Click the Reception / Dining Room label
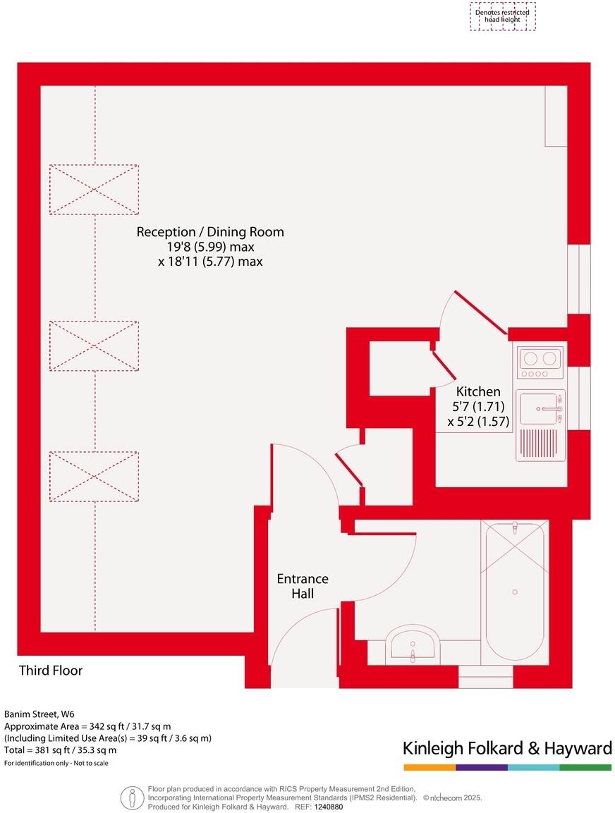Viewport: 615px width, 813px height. (210, 232)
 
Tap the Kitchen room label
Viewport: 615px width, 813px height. (478, 392)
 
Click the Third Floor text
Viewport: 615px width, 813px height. (51, 671)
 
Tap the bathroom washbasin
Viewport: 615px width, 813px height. (413, 645)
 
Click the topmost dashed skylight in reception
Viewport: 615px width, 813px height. (94, 190)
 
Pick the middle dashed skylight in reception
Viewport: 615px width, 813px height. (94, 346)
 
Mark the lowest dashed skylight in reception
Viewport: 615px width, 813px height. (94, 477)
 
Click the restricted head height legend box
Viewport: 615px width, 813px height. (502, 16)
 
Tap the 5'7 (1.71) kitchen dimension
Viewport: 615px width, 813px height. (478, 407)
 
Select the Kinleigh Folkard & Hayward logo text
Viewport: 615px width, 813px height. (506, 748)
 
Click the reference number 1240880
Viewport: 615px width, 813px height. (328, 807)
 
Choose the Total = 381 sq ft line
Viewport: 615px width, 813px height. (61, 750)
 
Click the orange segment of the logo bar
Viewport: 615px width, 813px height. (429, 767)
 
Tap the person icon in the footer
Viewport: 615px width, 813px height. (131, 797)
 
